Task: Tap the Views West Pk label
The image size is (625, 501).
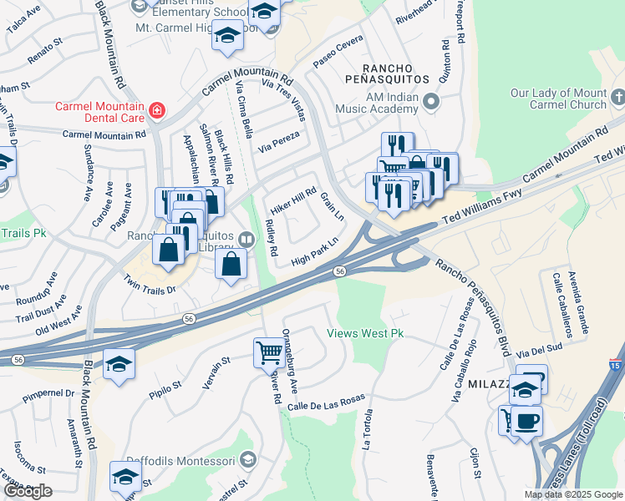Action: pos(364,333)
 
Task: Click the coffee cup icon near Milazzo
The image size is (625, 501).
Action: pos(526,420)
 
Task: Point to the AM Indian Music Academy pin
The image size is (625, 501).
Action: pos(431,102)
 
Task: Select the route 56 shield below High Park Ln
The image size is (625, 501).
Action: pos(340,271)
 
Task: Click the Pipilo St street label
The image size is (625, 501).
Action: pos(165,387)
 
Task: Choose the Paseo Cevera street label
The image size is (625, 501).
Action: pos(338,52)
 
